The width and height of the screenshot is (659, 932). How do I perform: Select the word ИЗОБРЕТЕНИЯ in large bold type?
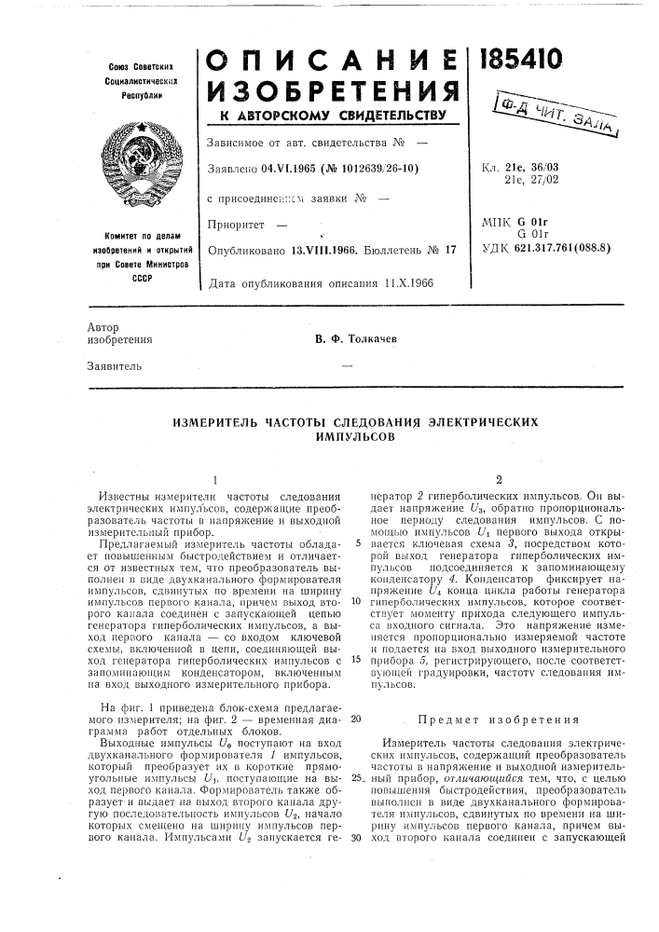click(332, 92)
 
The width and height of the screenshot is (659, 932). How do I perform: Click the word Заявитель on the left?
click(114, 365)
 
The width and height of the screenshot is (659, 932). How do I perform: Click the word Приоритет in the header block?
click(240, 224)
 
